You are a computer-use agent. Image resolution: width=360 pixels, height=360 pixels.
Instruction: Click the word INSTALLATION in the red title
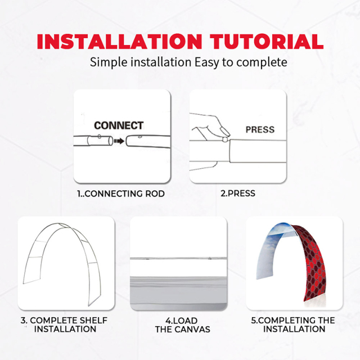[119, 41]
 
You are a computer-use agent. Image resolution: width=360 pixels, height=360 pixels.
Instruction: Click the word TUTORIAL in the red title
[267, 41]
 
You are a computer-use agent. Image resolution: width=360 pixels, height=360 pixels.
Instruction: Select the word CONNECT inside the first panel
[119, 125]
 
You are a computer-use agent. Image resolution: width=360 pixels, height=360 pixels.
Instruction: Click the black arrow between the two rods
[119, 141]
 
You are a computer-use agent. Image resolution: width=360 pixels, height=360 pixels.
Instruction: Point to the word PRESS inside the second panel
[260, 130]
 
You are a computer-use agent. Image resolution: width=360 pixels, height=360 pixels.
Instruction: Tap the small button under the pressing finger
[225, 139]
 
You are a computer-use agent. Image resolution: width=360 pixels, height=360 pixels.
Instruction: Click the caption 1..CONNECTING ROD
[121, 193]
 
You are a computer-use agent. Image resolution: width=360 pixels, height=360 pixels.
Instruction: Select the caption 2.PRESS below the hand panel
[238, 193]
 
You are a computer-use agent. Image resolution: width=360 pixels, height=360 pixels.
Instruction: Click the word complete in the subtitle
[262, 63]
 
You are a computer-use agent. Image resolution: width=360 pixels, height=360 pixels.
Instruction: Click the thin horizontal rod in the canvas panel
[179, 259]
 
